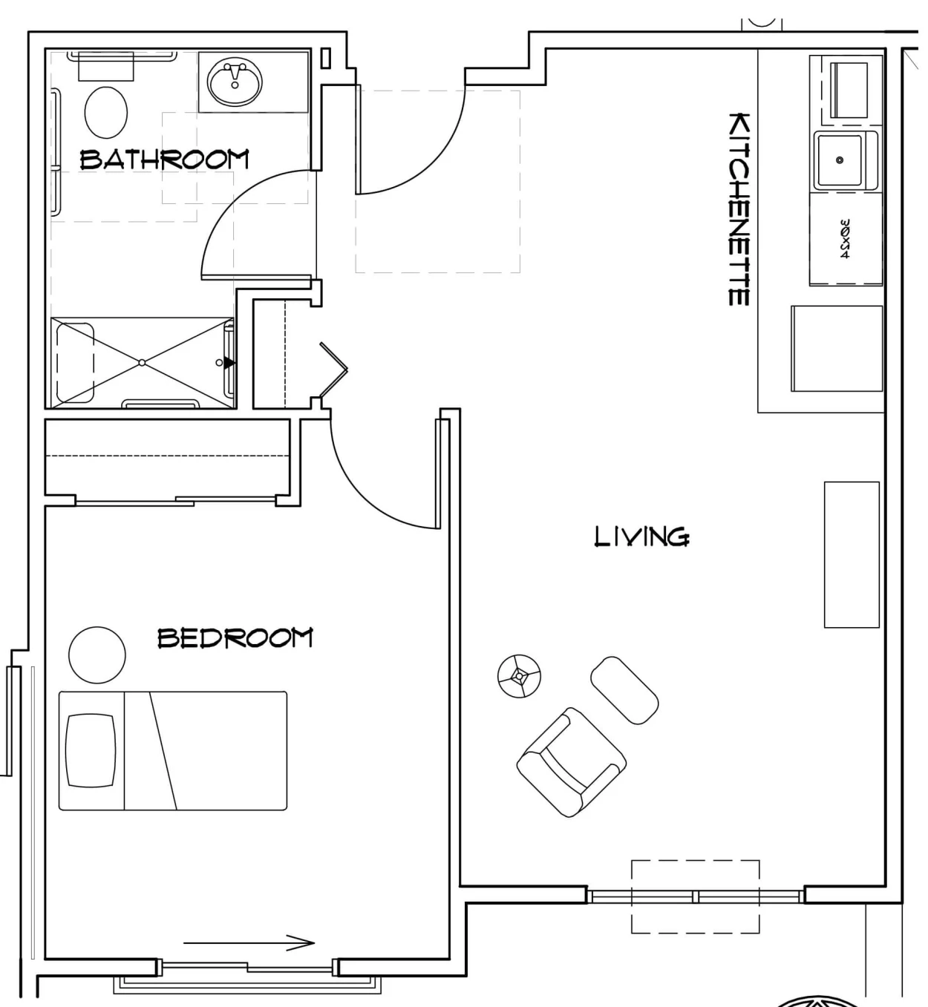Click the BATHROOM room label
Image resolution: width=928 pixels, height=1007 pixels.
pyautogui.click(x=164, y=159)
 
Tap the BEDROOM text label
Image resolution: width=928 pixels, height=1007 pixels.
pyautogui.click(x=235, y=638)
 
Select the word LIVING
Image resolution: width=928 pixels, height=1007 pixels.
pyautogui.click(x=641, y=536)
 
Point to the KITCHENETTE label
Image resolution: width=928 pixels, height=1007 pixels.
pyautogui.click(x=739, y=209)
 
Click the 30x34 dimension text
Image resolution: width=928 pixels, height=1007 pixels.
pyautogui.click(x=844, y=238)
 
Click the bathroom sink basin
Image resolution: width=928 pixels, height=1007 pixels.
pyautogui.click(x=235, y=83)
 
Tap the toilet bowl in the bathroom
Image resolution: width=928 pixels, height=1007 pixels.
pyautogui.click(x=106, y=112)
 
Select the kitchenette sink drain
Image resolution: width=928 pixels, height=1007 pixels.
pyautogui.click(x=840, y=160)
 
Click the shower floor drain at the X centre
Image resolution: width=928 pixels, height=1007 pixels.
pyautogui.click(x=143, y=362)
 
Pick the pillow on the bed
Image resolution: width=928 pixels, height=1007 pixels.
pyautogui.click(x=91, y=750)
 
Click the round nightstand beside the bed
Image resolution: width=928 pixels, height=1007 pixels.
pyautogui.click(x=97, y=655)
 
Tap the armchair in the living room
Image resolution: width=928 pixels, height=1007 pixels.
pyautogui.click(x=571, y=762)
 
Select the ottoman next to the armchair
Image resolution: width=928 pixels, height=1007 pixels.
pyautogui.click(x=624, y=690)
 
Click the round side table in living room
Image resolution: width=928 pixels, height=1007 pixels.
pyautogui.click(x=519, y=676)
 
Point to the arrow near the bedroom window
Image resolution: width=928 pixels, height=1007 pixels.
pyautogui.click(x=249, y=942)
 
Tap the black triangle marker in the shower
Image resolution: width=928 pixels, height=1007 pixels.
pyautogui.click(x=229, y=362)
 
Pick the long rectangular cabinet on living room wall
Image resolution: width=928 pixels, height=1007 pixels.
pyautogui.click(x=852, y=554)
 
